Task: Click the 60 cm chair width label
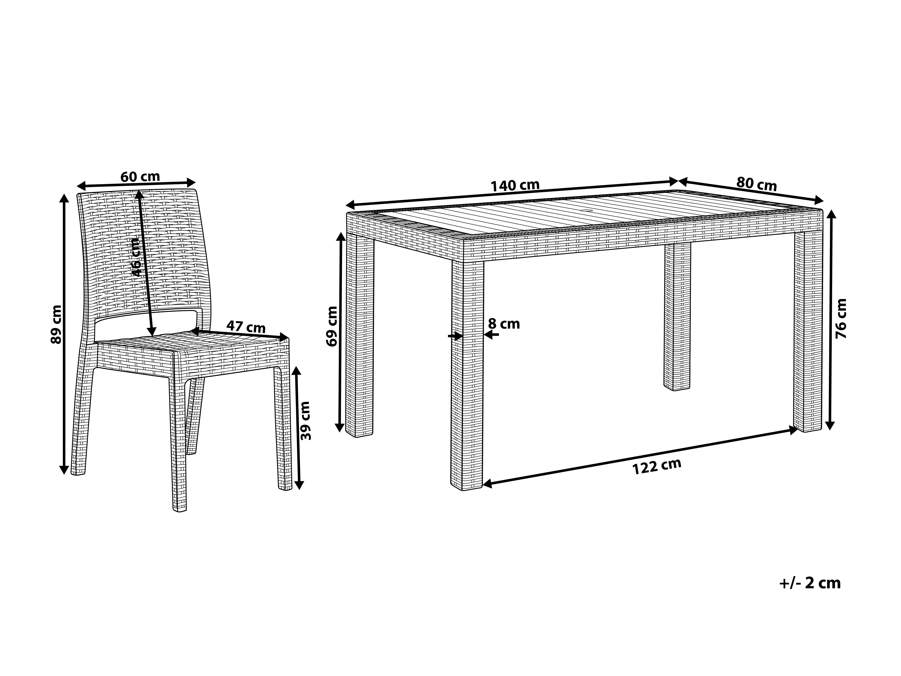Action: (140, 177)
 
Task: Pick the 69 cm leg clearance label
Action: (332, 326)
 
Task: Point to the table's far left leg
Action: (359, 334)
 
